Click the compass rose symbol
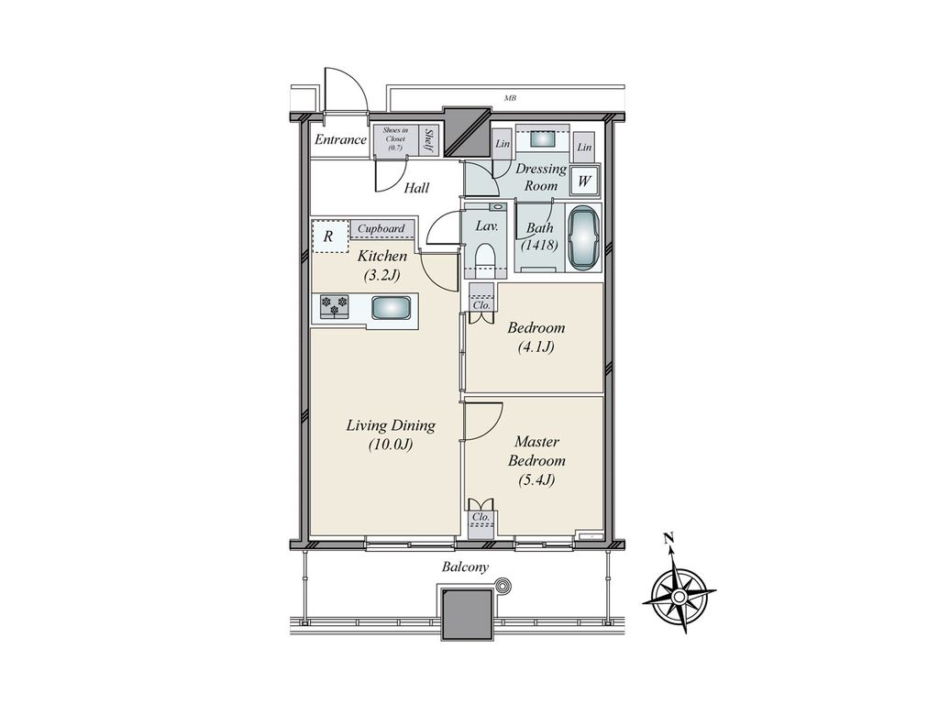[679, 597]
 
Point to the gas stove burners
[334, 306]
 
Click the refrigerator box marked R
[329, 236]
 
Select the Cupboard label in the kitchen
[381, 228]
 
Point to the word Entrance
[340, 140]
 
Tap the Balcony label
[465, 566]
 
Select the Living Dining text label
[390, 426]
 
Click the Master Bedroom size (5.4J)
[536, 478]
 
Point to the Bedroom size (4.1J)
[536, 346]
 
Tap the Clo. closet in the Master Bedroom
[481, 517]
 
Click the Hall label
[417, 188]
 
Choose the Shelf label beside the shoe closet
[429, 139]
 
